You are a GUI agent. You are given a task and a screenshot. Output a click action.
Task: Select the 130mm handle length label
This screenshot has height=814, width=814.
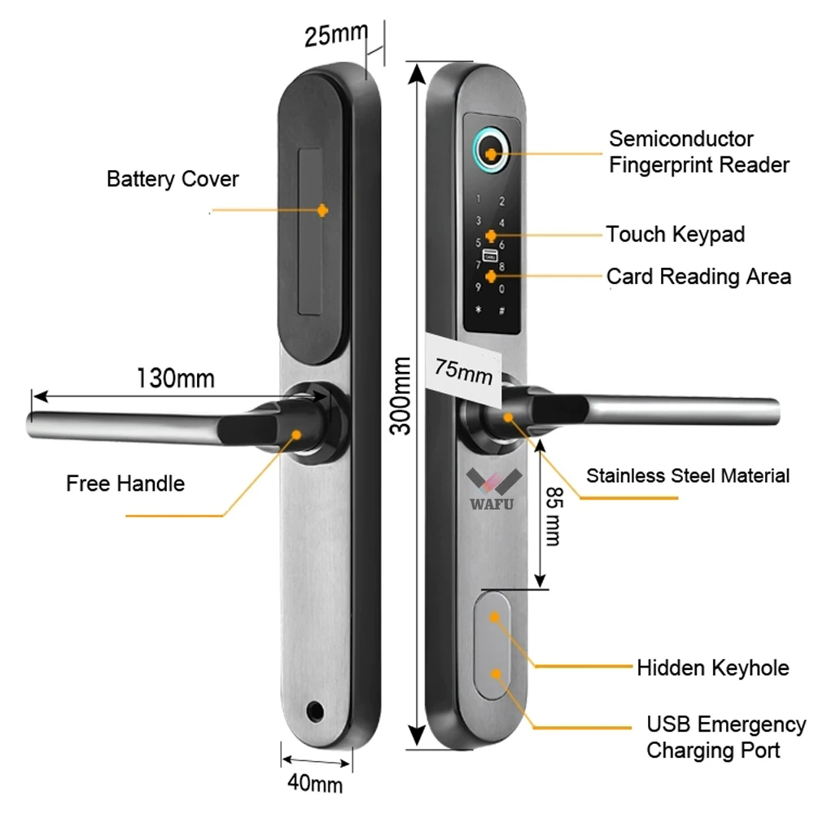[x=175, y=379]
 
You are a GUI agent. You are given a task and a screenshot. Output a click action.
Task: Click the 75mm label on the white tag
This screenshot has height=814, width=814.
[x=463, y=369]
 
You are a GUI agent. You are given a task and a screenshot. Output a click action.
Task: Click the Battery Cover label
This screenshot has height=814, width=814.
[x=173, y=179]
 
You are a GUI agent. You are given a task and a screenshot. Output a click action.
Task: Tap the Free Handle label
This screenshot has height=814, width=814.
[x=125, y=484]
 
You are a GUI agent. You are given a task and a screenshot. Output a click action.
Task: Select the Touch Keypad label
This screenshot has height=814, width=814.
[x=675, y=234]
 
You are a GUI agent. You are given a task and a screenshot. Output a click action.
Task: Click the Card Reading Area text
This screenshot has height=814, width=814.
[x=698, y=277]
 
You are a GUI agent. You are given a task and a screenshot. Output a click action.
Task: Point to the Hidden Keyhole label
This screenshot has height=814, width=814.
[x=712, y=668]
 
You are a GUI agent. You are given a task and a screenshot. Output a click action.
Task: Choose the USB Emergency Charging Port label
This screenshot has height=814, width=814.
[x=725, y=737]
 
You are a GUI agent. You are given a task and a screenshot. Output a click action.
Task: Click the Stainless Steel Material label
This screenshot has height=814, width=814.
[x=688, y=475]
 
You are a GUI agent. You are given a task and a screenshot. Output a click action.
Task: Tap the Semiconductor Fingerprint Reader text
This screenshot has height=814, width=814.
[x=698, y=152]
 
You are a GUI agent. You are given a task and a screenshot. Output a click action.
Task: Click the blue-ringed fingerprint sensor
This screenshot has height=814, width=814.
[x=489, y=151]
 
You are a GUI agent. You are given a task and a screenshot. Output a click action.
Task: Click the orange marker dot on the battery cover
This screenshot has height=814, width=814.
[x=323, y=210]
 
